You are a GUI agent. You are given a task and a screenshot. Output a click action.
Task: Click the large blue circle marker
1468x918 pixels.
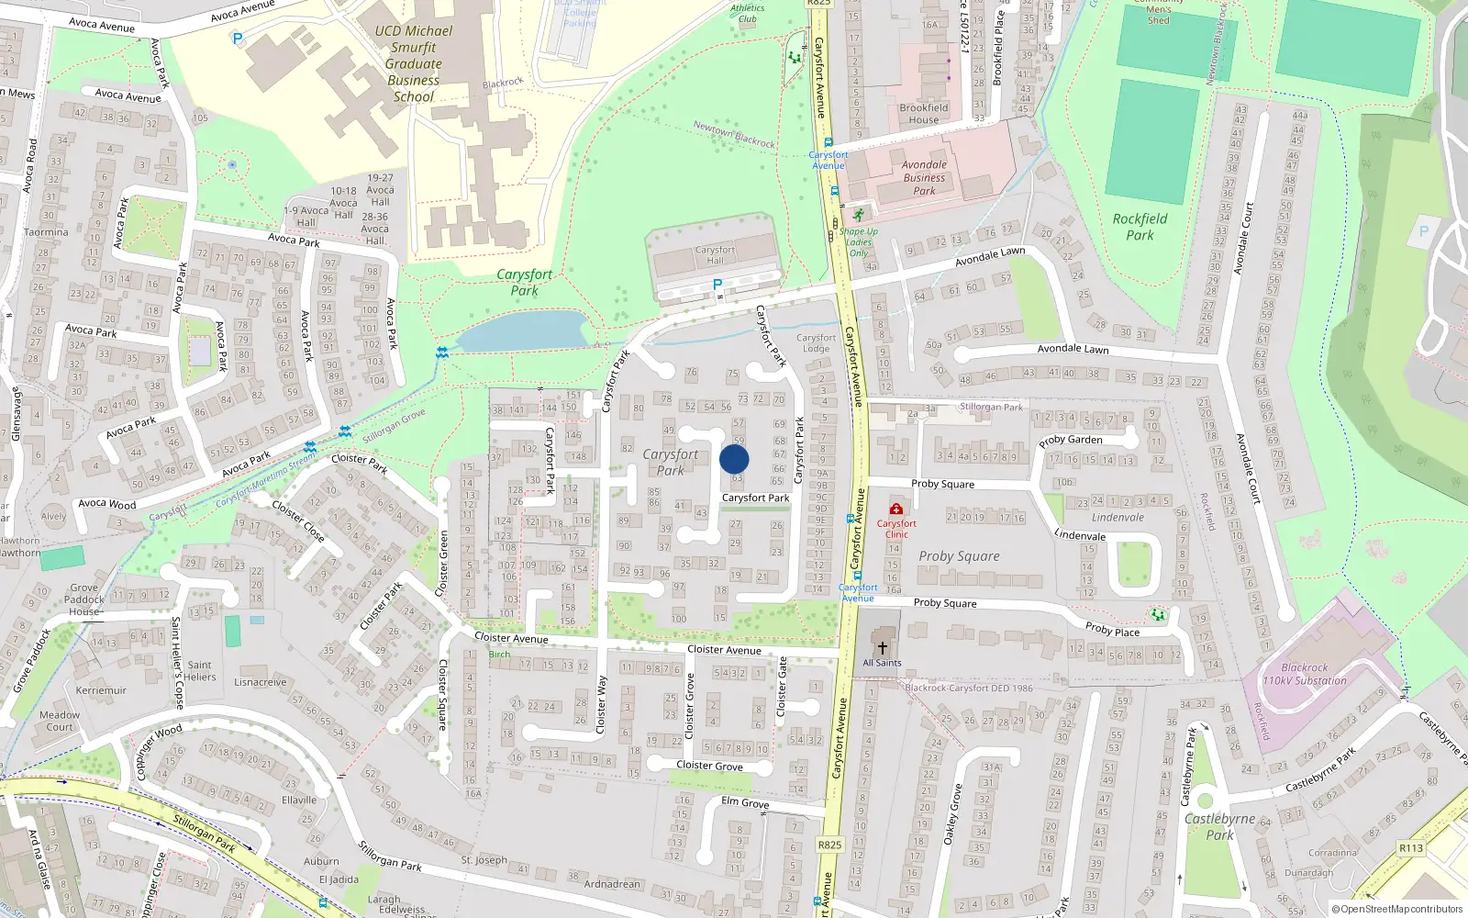[x=734, y=459]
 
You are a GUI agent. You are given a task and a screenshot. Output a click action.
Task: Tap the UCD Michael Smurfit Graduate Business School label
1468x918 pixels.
[x=414, y=63]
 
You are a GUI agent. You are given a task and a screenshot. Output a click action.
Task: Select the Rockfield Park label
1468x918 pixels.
[x=1140, y=227]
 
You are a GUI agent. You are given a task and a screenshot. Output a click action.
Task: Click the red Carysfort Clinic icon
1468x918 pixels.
[x=896, y=509]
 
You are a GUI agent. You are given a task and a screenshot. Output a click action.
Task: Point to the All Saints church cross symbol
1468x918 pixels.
[x=883, y=648]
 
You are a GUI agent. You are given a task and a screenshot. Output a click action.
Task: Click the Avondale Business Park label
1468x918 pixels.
[x=924, y=178]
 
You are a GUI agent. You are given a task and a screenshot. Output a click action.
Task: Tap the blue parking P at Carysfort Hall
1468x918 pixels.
[x=717, y=285]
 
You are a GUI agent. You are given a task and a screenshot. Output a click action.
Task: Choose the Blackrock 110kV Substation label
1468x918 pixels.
[x=1304, y=675]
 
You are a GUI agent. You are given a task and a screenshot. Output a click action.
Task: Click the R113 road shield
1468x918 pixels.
[x=1411, y=848]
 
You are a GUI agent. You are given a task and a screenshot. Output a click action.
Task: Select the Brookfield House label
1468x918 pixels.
[x=924, y=114]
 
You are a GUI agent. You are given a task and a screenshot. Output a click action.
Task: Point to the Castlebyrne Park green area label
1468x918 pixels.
[x=1219, y=826]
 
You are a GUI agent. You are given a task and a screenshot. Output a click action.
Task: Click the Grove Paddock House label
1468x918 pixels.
[x=83, y=599]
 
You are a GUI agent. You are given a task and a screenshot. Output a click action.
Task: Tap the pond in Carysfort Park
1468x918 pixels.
[x=523, y=330]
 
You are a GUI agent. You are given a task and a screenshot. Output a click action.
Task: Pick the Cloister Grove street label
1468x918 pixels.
[x=709, y=766]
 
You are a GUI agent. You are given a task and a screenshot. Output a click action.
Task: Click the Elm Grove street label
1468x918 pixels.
[x=745, y=802]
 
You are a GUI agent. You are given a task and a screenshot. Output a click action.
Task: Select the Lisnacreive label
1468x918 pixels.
[x=261, y=682]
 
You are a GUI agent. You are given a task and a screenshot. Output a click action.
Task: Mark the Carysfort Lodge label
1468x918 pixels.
[x=816, y=342]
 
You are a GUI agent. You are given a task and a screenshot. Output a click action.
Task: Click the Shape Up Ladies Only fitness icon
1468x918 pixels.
[x=859, y=215]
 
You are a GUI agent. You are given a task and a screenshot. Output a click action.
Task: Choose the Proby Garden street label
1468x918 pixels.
[x=1071, y=440]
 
